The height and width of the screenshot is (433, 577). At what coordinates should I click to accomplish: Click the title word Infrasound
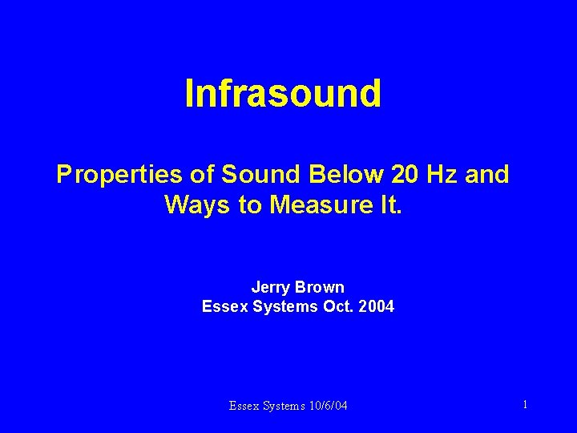click(x=283, y=93)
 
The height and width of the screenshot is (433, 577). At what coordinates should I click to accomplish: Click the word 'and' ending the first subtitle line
click(x=486, y=175)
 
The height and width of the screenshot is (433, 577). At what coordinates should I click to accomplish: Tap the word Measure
click(x=313, y=205)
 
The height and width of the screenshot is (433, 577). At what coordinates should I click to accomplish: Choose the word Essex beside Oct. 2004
click(x=222, y=306)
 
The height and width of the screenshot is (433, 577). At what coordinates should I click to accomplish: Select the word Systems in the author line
click(x=280, y=306)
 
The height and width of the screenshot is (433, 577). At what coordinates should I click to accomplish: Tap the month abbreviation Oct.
click(x=334, y=306)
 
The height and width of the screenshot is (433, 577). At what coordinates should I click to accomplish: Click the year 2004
click(x=375, y=306)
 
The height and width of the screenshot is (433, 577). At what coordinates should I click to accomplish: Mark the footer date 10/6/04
click(x=328, y=406)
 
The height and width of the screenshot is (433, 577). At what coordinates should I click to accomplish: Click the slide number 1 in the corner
click(x=525, y=405)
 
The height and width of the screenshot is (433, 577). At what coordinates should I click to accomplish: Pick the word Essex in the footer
click(x=244, y=406)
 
